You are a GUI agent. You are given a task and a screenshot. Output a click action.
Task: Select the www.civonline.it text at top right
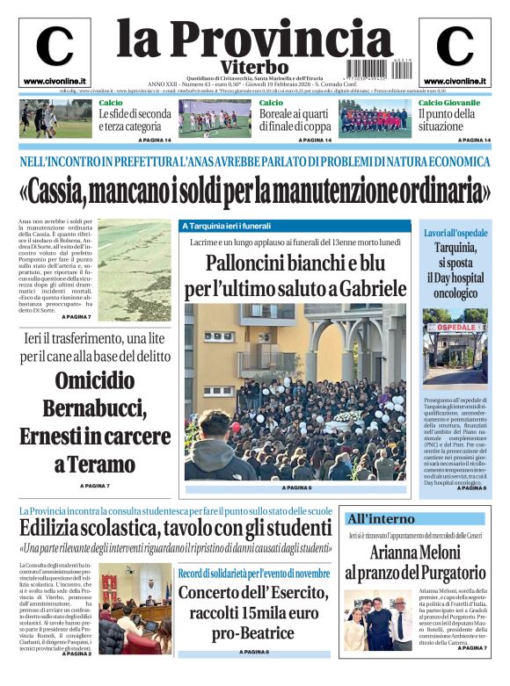pyautogui.click(x=455, y=81)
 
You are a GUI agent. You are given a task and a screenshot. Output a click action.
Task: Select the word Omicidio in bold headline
pyautogui.click(x=95, y=381)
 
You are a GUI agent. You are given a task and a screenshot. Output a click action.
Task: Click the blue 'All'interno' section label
pyautogui.click(x=381, y=518)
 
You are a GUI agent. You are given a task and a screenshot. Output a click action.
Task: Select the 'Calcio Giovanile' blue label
pyautogui.click(x=449, y=103)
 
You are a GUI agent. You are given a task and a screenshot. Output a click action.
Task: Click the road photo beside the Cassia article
pyautogui.click(x=134, y=271)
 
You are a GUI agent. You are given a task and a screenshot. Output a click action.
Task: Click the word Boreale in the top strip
pyautogui.click(x=280, y=114)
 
